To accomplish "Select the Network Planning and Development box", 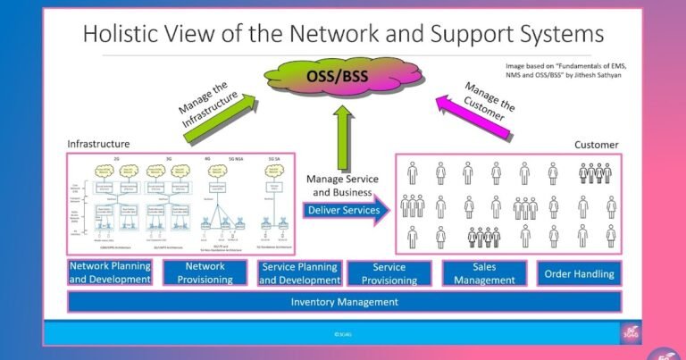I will pos(110,272).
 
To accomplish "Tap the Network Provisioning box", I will pos(205,272).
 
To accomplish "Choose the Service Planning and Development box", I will pos(298,272).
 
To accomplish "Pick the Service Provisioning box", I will pos(389,272).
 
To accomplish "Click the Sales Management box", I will pos(483,272).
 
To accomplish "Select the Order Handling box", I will pos(579,273).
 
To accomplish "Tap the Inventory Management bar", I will pos(344,302).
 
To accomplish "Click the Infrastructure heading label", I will pos(98,143).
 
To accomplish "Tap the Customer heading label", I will pos(597,144).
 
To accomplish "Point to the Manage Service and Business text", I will pos(344,185).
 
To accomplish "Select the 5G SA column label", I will pos(274,158).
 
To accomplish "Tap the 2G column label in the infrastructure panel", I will pos(117,158).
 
